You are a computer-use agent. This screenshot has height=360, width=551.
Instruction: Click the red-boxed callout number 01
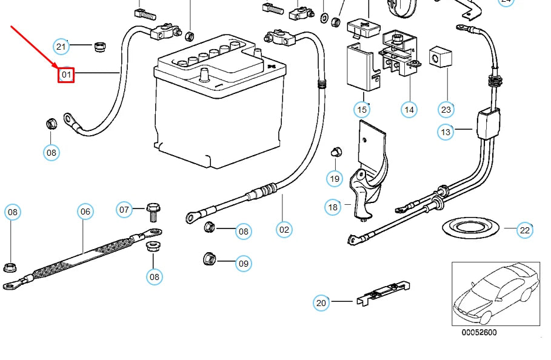click(66, 75)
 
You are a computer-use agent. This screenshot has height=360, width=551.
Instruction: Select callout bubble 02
click(284, 229)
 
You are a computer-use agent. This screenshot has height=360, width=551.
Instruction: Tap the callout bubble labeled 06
click(85, 211)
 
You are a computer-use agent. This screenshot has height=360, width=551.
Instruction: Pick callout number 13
click(446, 132)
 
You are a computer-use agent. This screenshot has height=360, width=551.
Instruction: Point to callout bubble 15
click(362, 110)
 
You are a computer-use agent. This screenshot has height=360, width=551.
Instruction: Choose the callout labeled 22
click(525, 230)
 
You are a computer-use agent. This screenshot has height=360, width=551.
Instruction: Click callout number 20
click(321, 302)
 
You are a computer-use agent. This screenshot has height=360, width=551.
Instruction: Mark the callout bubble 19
click(335, 178)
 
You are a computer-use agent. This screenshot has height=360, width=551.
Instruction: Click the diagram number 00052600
click(479, 333)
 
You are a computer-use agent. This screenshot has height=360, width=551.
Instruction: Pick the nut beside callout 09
click(208, 260)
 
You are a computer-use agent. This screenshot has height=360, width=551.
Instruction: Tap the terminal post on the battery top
click(204, 75)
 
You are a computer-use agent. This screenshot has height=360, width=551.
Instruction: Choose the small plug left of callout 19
click(334, 152)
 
